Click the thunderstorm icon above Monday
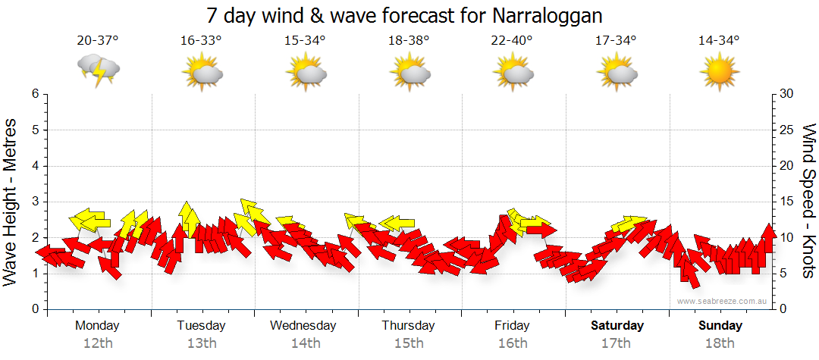99,70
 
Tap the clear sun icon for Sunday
719,73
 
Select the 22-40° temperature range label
512,41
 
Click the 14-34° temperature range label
719,41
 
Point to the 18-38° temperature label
409,41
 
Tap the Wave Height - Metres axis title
11,201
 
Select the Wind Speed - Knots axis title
808,201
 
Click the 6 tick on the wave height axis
34,94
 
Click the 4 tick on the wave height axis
34,166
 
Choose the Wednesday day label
303,326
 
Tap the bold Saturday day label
617,326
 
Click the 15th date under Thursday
409,343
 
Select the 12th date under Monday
98,343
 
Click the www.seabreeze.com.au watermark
723,301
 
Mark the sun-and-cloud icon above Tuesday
202,73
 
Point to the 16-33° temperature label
201,41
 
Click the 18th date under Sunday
720,343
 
